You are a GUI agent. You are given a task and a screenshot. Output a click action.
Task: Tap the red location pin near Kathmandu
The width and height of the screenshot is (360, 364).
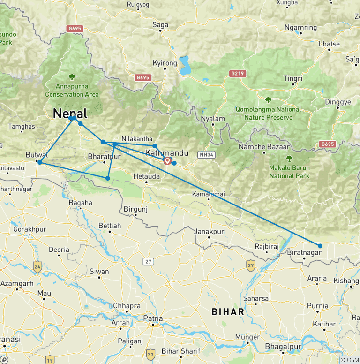167,161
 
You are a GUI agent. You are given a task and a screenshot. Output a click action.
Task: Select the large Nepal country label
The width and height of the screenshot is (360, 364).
70,114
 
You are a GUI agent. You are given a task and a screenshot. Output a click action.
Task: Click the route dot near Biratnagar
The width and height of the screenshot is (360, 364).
320,246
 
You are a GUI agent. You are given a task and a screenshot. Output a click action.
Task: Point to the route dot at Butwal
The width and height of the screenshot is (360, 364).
40,162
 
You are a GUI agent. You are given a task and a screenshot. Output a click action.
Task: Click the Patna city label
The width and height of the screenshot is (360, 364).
153,318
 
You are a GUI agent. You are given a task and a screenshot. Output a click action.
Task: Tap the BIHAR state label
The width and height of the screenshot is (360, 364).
228,311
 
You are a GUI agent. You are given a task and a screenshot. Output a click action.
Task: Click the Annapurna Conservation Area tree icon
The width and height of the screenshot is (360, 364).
72,77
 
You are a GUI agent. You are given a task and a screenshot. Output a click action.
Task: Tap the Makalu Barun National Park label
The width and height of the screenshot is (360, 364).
289,172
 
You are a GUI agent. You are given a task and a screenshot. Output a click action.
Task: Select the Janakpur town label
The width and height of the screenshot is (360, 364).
210,232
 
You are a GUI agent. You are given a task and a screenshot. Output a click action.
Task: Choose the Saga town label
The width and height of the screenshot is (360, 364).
161,25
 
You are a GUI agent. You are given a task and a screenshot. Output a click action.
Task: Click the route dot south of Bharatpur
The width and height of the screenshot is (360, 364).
108,178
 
